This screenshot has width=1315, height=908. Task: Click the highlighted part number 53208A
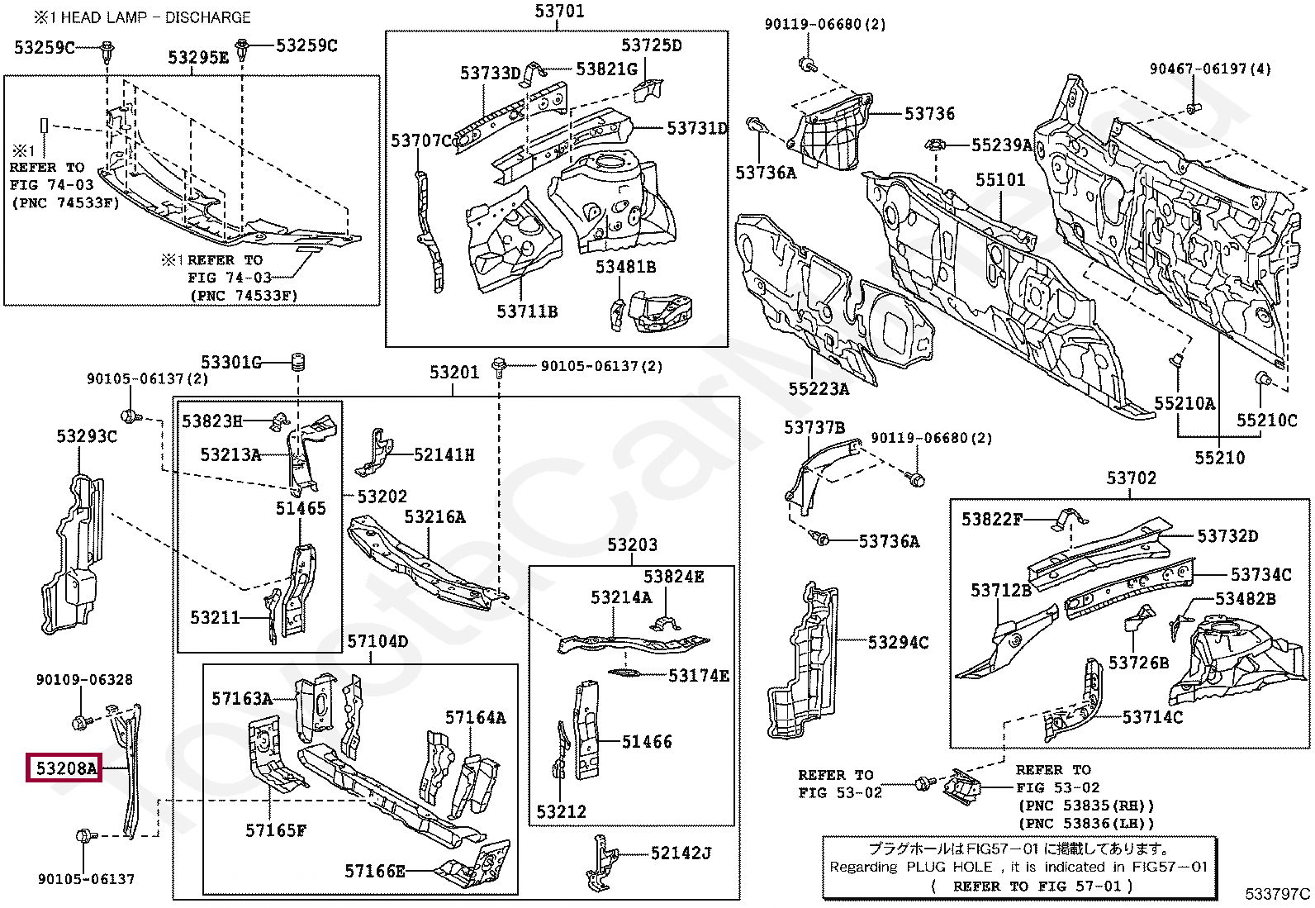[x=64, y=768]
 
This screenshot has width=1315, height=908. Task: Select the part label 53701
[x=559, y=12]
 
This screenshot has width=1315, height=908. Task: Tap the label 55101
[x=999, y=180]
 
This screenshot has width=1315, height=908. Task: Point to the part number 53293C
[x=87, y=436]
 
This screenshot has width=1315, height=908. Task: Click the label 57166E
[x=375, y=871]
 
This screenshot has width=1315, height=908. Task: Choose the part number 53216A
[x=434, y=517]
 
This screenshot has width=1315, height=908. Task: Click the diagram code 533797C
[x=1277, y=893]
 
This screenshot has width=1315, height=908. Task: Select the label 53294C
[x=898, y=642]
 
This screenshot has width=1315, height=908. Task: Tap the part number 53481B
[x=625, y=267]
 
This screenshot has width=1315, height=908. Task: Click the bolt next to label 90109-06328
[x=80, y=721]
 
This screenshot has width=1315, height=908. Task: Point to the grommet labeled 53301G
[x=299, y=363]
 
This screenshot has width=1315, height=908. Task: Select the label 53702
[x=1131, y=478]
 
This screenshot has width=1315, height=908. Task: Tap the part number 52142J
[x=681, y=853]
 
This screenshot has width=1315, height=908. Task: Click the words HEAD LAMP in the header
[x=106, y=17]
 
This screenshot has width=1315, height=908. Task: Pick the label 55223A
[x=818, y=388]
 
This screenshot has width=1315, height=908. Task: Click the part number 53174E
[x=699, y=676]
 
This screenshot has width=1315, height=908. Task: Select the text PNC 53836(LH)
[x=1086, y=823]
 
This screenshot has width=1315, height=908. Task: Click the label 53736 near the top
[x=929, y=114]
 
